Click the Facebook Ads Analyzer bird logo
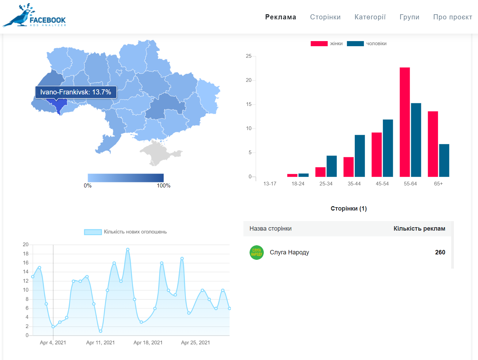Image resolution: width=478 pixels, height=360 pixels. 34,15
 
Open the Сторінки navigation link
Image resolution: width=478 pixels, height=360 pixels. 325,17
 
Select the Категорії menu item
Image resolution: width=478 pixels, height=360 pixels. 370,17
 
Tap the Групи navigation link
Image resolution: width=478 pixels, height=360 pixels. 409,17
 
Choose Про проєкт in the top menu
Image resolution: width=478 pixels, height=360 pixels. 453,17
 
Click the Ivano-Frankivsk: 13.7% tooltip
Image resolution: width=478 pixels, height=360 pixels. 76,92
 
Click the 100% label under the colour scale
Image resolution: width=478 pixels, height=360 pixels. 164,185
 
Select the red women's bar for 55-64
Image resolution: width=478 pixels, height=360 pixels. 405,122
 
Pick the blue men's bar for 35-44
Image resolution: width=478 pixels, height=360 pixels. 360,156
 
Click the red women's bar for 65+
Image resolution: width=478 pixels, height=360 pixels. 433,144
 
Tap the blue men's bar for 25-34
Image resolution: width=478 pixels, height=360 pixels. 331,166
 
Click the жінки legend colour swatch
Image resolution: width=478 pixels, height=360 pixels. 319,43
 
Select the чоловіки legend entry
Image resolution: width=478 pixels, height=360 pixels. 367,43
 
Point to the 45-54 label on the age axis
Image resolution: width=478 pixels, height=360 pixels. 382,184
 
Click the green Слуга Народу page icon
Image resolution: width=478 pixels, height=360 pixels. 257,252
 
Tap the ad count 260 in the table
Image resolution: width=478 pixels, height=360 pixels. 440,252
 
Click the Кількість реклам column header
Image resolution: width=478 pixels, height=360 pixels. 419,229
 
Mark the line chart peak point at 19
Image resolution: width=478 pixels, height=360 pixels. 128,249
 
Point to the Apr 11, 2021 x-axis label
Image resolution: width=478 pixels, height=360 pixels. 100,343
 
